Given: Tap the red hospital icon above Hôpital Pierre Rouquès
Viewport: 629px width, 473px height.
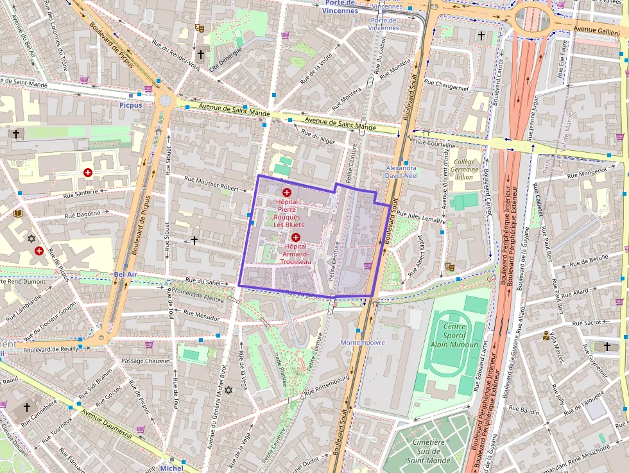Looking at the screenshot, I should pos(286,192).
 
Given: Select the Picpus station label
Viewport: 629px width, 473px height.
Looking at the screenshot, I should pos(130,105).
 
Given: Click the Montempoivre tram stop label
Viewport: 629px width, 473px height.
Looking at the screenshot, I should pos(363,343).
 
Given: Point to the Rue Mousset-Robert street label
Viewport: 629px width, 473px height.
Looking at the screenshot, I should pos(216,184).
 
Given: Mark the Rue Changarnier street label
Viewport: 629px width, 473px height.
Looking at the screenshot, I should pos(447,86).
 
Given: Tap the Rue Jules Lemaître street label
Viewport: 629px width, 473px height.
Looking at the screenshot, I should pos(421,216).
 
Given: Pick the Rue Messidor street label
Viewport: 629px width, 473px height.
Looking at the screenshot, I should pos(202,315).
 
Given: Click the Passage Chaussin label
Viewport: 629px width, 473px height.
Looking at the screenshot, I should pos(146,361).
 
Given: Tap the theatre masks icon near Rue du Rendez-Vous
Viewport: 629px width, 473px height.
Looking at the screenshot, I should pos(200,28).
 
